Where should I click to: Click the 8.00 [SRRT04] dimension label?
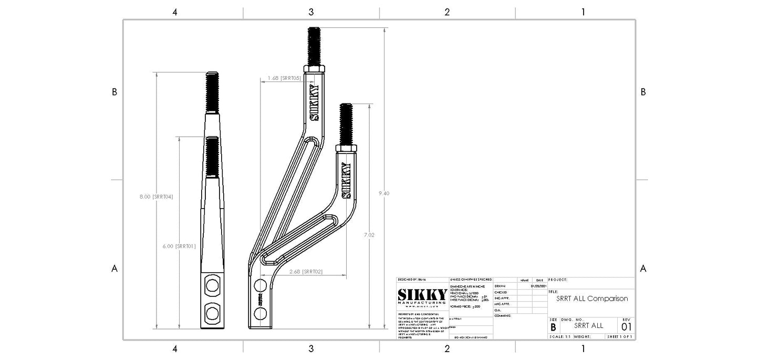point(156,197)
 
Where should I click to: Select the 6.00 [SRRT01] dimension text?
point(179,246)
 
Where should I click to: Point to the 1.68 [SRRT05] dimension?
point(284,78)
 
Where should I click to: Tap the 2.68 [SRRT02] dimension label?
point(306,272)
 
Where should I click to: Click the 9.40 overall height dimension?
point(383,193)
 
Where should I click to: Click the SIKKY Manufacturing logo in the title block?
point(422,297)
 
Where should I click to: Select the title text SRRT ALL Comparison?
point(591,299)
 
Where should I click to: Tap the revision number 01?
point(626,326)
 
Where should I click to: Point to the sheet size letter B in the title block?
point(553,327)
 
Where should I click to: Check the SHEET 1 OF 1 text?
point(620,336)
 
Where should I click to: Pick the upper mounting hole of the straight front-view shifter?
point(212,286)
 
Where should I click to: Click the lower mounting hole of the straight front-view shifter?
point(212,314)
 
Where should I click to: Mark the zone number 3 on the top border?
point(311,12)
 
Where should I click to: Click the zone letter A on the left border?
point(115,269)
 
